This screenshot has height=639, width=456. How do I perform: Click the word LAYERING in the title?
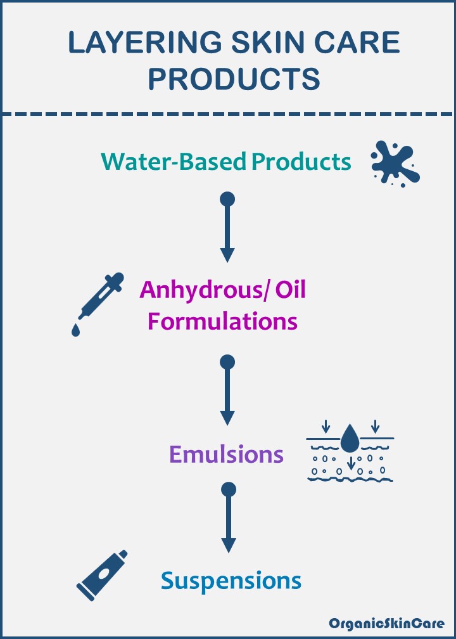(144, 43)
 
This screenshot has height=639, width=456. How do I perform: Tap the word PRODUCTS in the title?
(234, 79)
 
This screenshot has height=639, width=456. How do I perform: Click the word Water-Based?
(174, 162)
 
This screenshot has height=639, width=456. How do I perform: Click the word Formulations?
(222, 321)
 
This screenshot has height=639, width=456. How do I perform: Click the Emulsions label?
(226, 454)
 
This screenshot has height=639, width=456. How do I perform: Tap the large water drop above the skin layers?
(348, 439)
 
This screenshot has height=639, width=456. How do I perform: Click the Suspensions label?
(231, 580)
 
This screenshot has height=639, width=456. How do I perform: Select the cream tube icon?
(102, 575)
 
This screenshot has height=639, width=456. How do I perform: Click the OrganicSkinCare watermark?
(386, 623)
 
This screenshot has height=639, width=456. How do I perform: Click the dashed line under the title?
(228, 114)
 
